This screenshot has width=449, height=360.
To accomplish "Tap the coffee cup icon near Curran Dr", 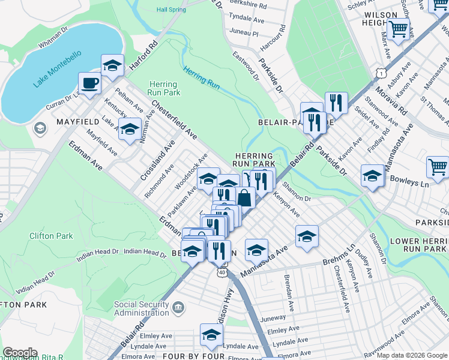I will pyautogui.click(x=90, y=83).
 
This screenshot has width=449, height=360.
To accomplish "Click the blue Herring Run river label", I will pyautogui.click(x=202, y=78).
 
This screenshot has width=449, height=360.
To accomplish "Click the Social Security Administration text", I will pyautogui.click(x=142, y=308).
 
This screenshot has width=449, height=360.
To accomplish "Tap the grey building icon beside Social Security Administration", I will pyautogui.click(x=178, y=308).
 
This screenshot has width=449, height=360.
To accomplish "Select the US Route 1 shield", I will pyautogui.click(x=380, y=73).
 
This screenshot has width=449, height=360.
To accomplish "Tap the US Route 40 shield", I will pyautogui.click(x=222, y=272).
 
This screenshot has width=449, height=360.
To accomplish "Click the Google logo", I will pyautogui.click(x=20, y=353).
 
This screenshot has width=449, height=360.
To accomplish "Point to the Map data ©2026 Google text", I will pyautogui.click(x=412, y=355).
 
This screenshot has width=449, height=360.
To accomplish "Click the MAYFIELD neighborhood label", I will pyautogui.click(x=77, y=122).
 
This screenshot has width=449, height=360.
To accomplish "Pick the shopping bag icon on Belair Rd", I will pyautogui.click(x=245, y=197).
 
